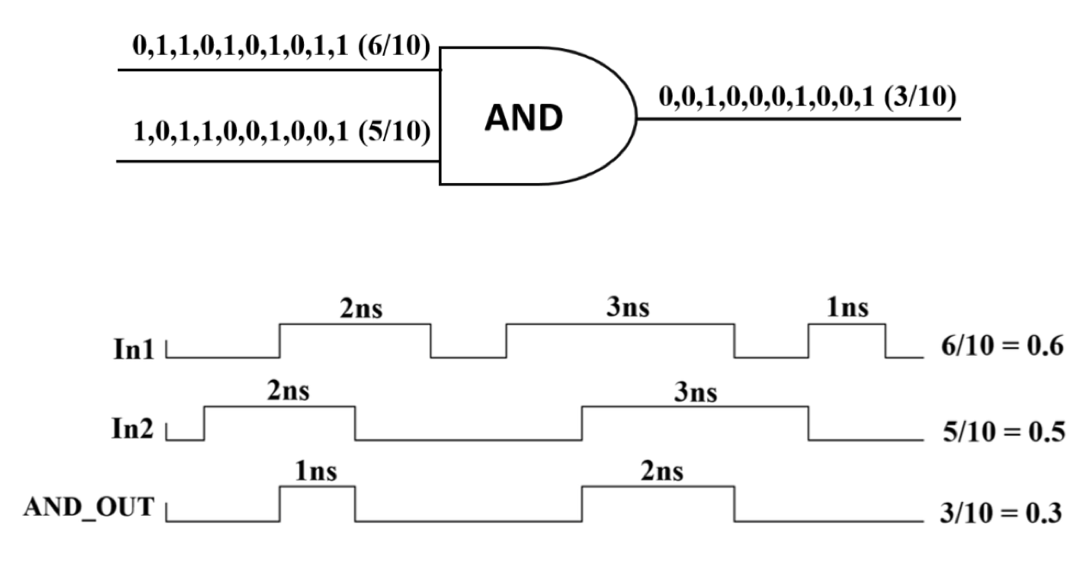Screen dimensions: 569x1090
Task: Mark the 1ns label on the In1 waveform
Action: (x=849, y=310)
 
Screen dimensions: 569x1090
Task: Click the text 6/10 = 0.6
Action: (x=997, y=349)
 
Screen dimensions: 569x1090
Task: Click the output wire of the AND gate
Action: (x=799, y=119)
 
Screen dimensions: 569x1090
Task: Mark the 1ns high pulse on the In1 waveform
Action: (x=847, y=325)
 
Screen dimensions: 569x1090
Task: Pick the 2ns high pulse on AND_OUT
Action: (x=659, y=487)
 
